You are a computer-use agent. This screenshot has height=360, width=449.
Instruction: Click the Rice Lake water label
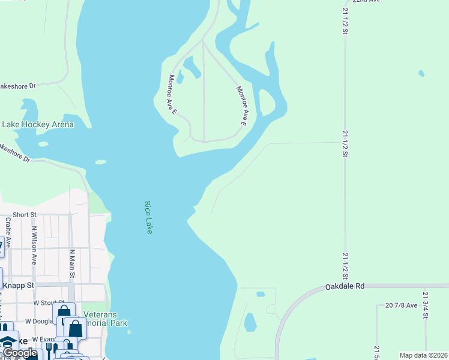coord(148,217)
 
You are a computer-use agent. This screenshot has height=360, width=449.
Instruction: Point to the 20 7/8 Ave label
coord(401,305)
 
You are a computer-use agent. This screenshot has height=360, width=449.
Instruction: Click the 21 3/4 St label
coord(425,305)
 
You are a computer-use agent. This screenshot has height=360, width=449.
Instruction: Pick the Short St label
coord(25,214)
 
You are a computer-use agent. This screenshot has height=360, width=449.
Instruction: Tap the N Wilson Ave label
coord(34,245)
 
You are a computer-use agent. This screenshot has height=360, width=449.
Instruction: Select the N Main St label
coord(72,264)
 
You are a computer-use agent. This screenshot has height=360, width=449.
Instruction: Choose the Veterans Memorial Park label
coord(105,319)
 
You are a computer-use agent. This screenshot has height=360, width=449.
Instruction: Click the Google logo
coord(19,353)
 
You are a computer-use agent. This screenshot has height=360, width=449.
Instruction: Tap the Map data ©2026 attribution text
coord(423,355)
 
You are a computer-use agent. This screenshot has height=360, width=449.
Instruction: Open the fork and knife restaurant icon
coord(51,348)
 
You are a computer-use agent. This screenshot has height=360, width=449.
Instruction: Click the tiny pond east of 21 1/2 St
coord(421,74)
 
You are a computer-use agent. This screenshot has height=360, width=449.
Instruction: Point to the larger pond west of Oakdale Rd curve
coord(250,323)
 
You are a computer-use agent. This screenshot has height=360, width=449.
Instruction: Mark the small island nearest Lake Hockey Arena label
coord(43,144)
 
